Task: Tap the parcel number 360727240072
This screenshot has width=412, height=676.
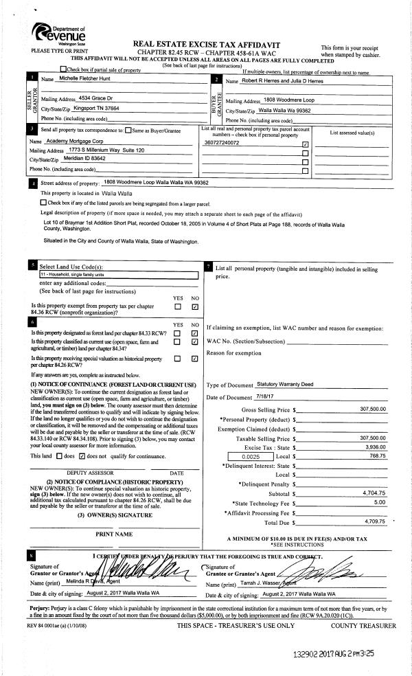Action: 222,143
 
